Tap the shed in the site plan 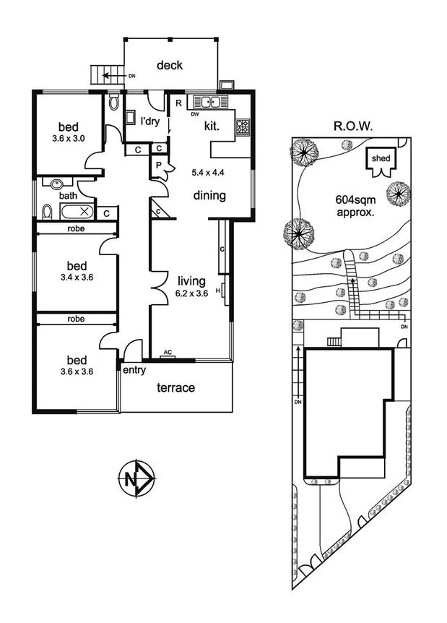[x=380, y=162]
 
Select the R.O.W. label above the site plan [x=352, y=125]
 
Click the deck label [x=170, y=65]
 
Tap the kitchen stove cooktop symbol [x=243, y=127]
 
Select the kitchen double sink [x=210, y=102]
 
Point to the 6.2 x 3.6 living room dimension [x=191, y=293]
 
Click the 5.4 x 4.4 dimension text [x=208, y=172]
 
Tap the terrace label [x=176, y=387]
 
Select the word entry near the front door [x=134, y=371]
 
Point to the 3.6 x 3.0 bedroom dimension [x=69, y=139]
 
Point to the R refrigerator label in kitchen [x=177, y=103]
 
